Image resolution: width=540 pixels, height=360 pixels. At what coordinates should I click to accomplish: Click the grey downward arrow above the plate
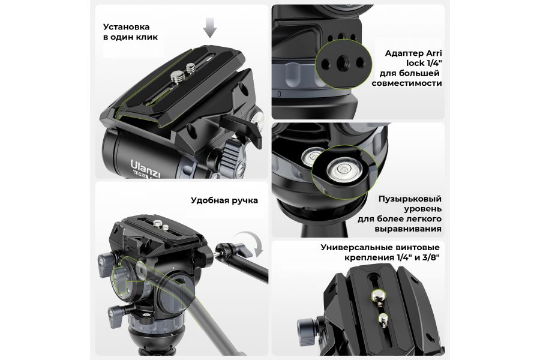pyautogui.click(x=210, y=27)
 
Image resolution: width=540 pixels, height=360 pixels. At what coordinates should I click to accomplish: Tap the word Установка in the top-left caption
pyautogui.click(x=127, y=27)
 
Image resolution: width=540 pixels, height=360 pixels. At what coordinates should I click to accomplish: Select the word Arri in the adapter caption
pyautogui.click(x=434, y=53)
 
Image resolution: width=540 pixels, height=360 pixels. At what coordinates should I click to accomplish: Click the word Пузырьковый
pyautogui.click(x=410, y=199)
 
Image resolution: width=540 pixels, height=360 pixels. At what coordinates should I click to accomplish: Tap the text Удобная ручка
pyautogui.click(x=224, y=200)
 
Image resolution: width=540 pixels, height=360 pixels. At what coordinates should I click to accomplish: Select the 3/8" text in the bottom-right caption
pyautogui.click(x=432, y=257)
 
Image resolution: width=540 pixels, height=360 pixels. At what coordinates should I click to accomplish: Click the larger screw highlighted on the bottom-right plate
pyautogui.click(x=378, y=295)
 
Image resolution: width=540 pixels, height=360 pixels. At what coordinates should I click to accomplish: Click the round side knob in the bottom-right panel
pyautogui.click(x=307, y=331)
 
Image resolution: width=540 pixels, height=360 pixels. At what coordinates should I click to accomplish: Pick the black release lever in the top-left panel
pyautogui.click(x=242, y=128)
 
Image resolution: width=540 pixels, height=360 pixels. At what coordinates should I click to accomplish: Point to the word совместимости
pyautogui.click(x=407, y=83)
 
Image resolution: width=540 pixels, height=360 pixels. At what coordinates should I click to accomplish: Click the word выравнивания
pyautogui.click(x=408, y=229)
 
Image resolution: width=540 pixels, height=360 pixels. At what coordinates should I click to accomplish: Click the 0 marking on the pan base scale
pyautogui.click(x=279, y=94)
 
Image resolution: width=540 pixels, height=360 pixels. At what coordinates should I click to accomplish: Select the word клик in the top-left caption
pyautogui.click(x=147, y=37)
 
